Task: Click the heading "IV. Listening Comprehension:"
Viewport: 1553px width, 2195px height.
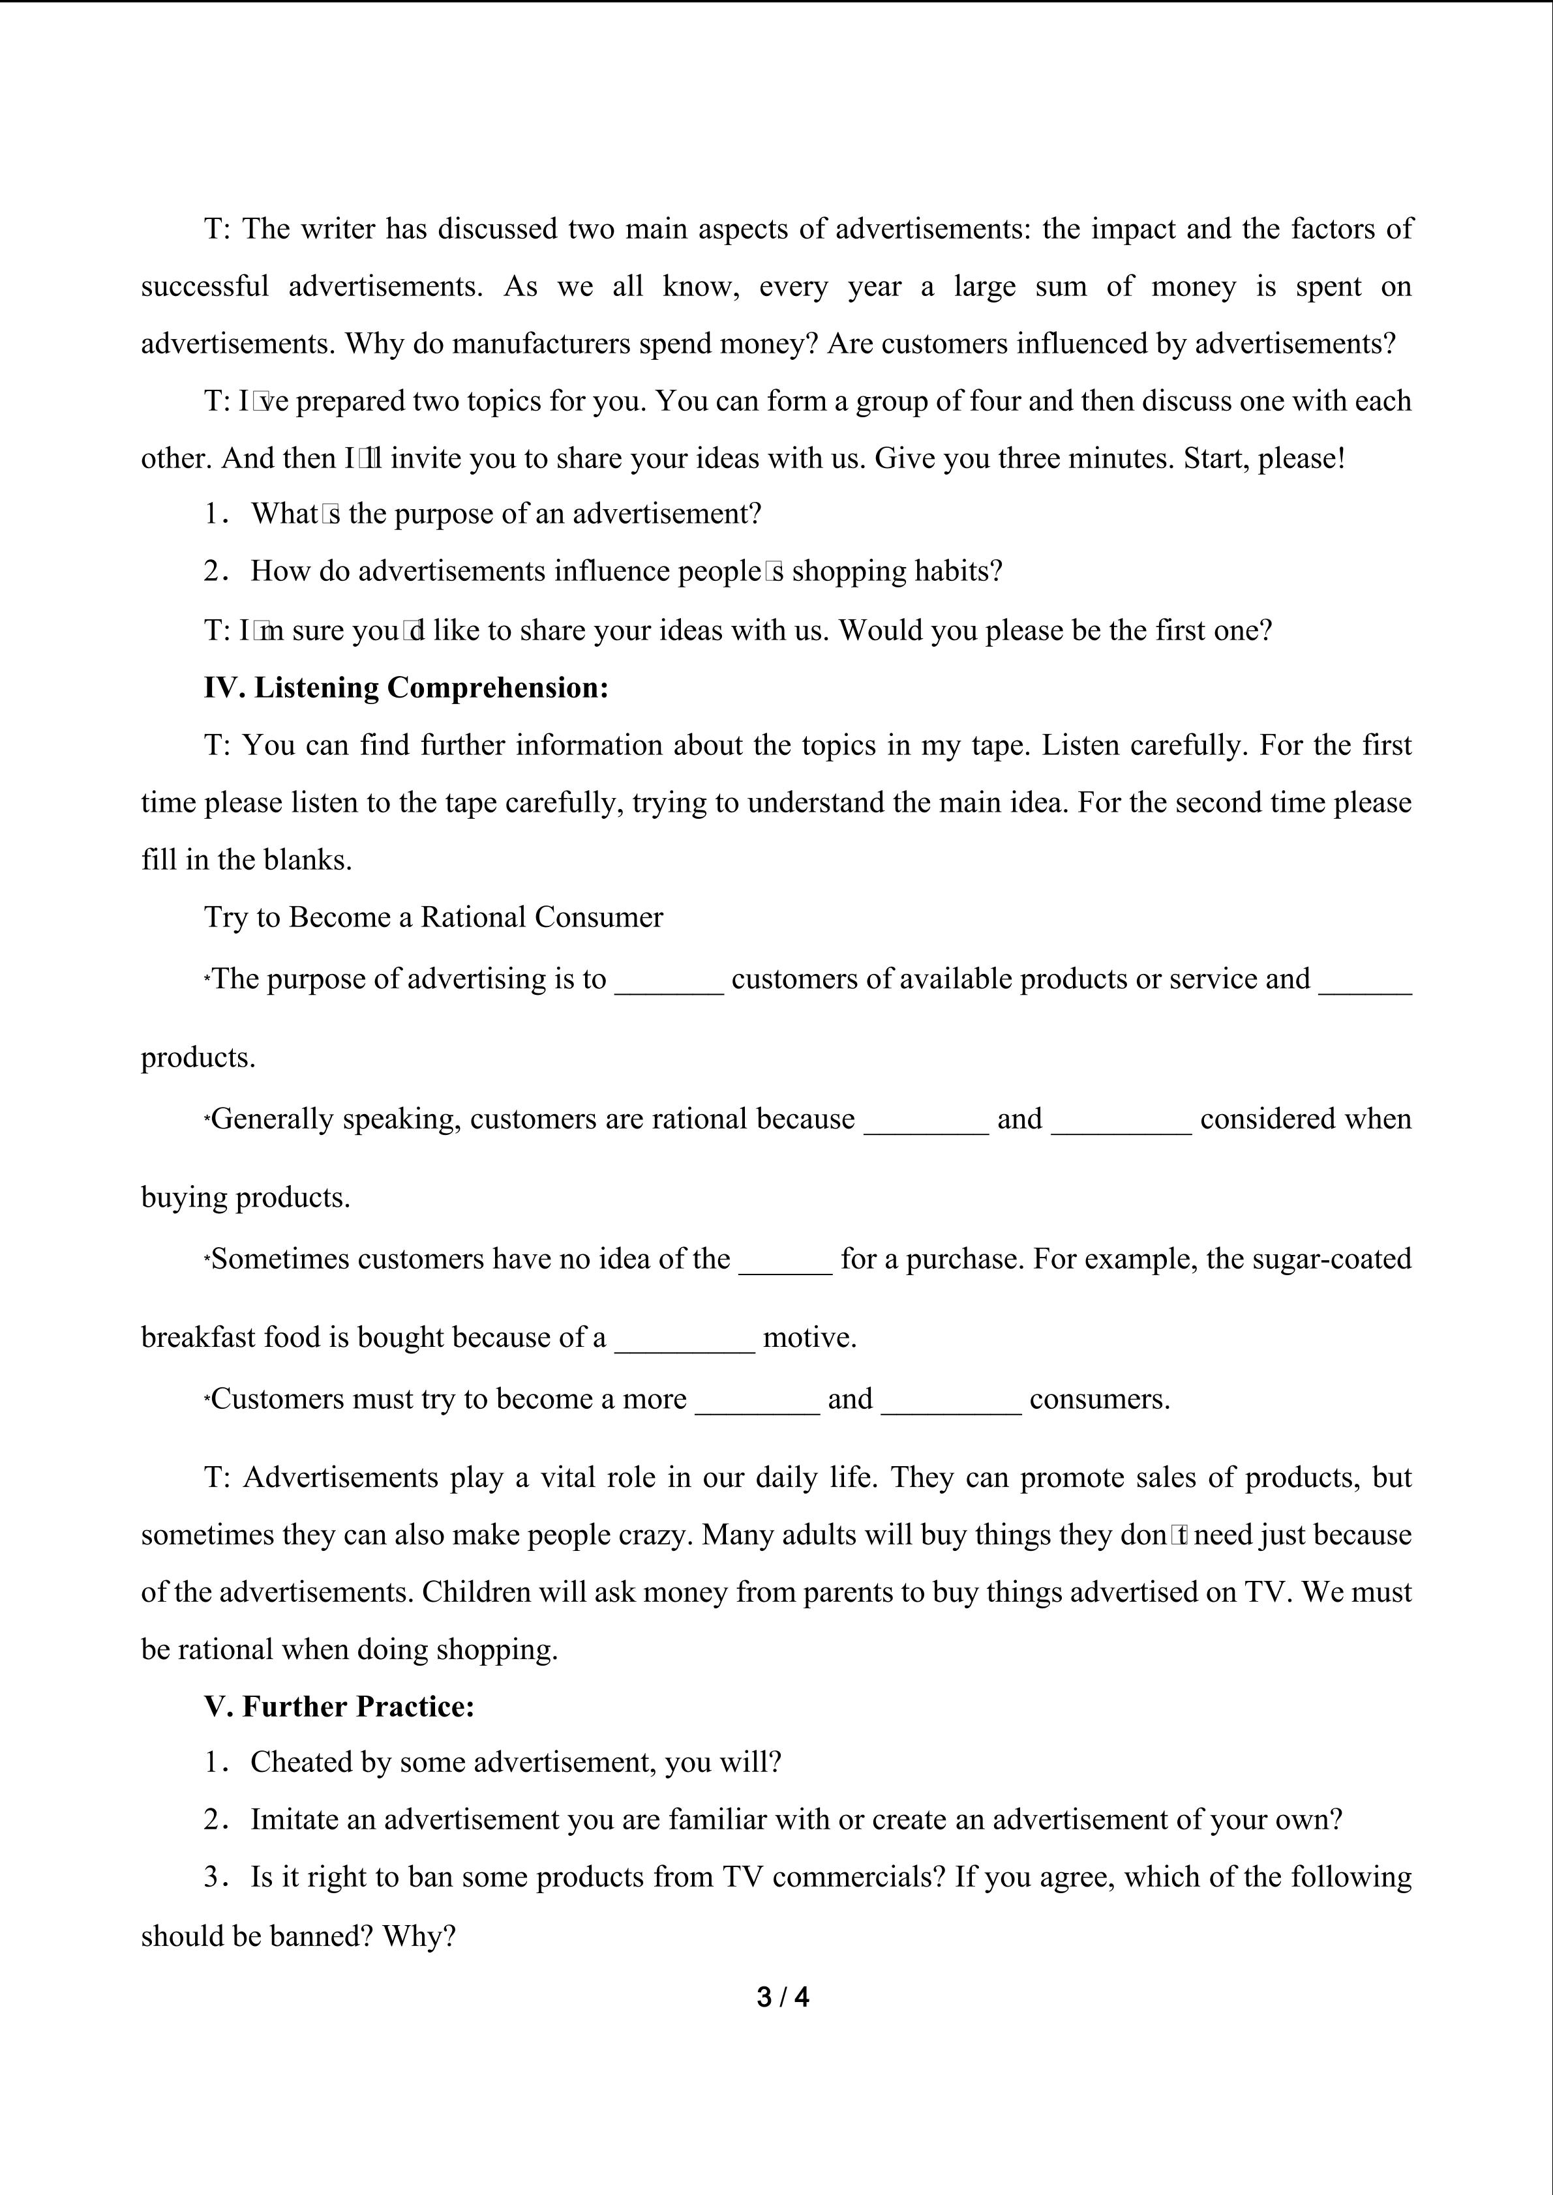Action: (x=406, y=687)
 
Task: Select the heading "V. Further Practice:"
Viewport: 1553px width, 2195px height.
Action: (x=339, y=1707)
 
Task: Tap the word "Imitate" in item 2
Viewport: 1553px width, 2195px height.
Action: (x=295, y=1819)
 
